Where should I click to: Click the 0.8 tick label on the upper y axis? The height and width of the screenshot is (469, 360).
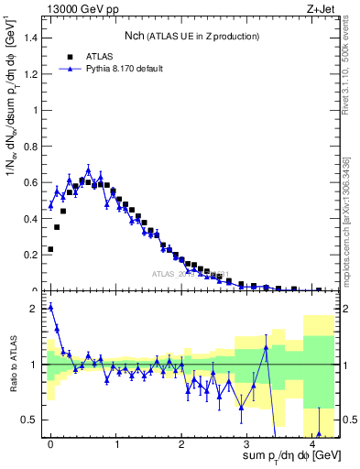[x=32, y=146]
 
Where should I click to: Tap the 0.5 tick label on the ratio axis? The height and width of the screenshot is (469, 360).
[x=32, y=420]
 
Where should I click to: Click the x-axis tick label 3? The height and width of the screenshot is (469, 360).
[x=247, y=443]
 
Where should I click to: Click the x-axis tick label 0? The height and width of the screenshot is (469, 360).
[x=50, y=443]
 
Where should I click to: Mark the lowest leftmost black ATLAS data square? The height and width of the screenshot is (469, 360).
[x=50, y=249]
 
